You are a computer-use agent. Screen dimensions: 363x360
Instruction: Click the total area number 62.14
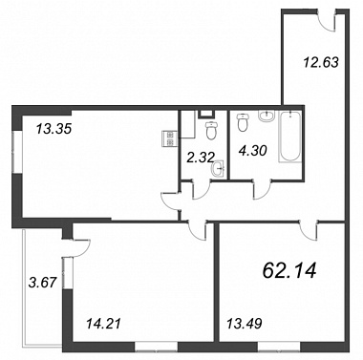pyautogui.click(x=289, y=271)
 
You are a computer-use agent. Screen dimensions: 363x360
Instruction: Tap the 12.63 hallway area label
pyautogui.click(x=321, y=62)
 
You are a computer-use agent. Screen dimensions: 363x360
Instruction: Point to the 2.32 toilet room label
pyautogui.click(x=200, y=157)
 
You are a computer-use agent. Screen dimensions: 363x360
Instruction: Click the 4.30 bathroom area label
pyautogui.click(x=252, y=150)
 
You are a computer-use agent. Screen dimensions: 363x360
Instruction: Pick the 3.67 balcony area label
pyautogui.click(x=42, y=282)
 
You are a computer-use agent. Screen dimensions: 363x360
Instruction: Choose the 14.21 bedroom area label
pyautogui.click(x=104, y=324)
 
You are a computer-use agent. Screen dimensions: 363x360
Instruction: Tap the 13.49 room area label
pyautogui.click(x=244, y=324)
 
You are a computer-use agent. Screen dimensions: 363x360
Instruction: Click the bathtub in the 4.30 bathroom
pyautogui.click(x=290, y=137)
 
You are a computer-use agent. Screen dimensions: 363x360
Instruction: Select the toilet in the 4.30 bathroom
pyautogui.click(x=243, y=122)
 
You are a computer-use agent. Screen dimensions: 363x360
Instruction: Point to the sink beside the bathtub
pyautogui.click(x=267, y=116)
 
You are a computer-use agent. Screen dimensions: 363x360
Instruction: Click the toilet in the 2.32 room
pyautogui.click(x=211, y=131)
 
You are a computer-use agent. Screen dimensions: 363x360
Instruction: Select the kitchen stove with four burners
pyautogui.click(x=169, y=139)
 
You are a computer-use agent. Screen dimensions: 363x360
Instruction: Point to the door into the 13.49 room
pyautogui.click(x=309, y=231)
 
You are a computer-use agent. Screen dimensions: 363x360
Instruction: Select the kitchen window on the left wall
pyautogui.click(x=16, y=152)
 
